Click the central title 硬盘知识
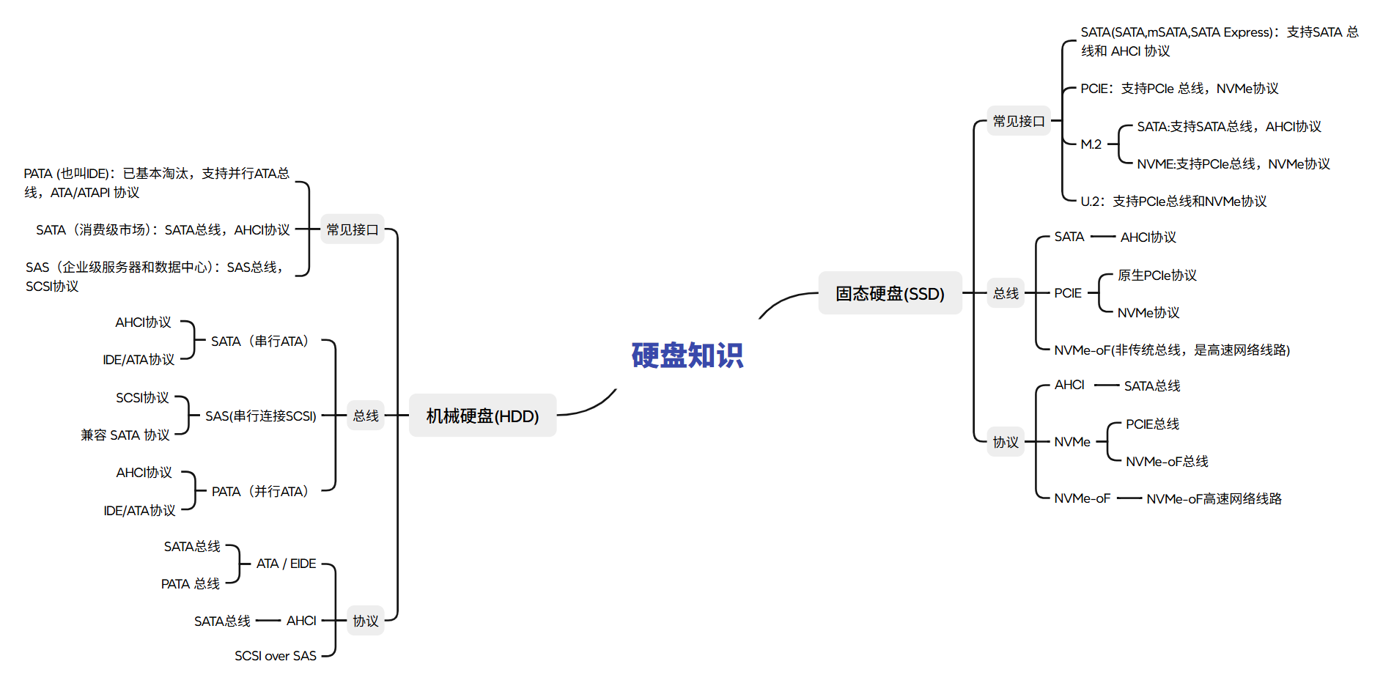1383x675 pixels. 687,355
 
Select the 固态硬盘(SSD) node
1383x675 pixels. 890,293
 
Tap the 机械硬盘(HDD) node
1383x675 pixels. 482,416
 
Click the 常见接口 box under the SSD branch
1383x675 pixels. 1018,121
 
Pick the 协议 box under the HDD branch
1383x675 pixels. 365,621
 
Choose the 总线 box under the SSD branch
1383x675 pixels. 1006,293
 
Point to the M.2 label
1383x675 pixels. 1091,144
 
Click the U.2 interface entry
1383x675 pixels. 1173,201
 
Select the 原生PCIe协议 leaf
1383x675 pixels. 1157,275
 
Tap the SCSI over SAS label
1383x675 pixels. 275,655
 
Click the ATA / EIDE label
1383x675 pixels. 286,564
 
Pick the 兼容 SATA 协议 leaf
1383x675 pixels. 125,435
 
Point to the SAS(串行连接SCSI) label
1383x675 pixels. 260,416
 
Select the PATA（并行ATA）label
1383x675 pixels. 260,491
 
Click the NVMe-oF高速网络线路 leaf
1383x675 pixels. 1214,498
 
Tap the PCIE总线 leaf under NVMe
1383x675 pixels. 1152,424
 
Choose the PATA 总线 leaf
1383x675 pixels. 191,583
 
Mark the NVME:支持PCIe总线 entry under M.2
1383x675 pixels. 1233,163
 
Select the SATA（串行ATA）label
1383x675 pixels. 260,341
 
